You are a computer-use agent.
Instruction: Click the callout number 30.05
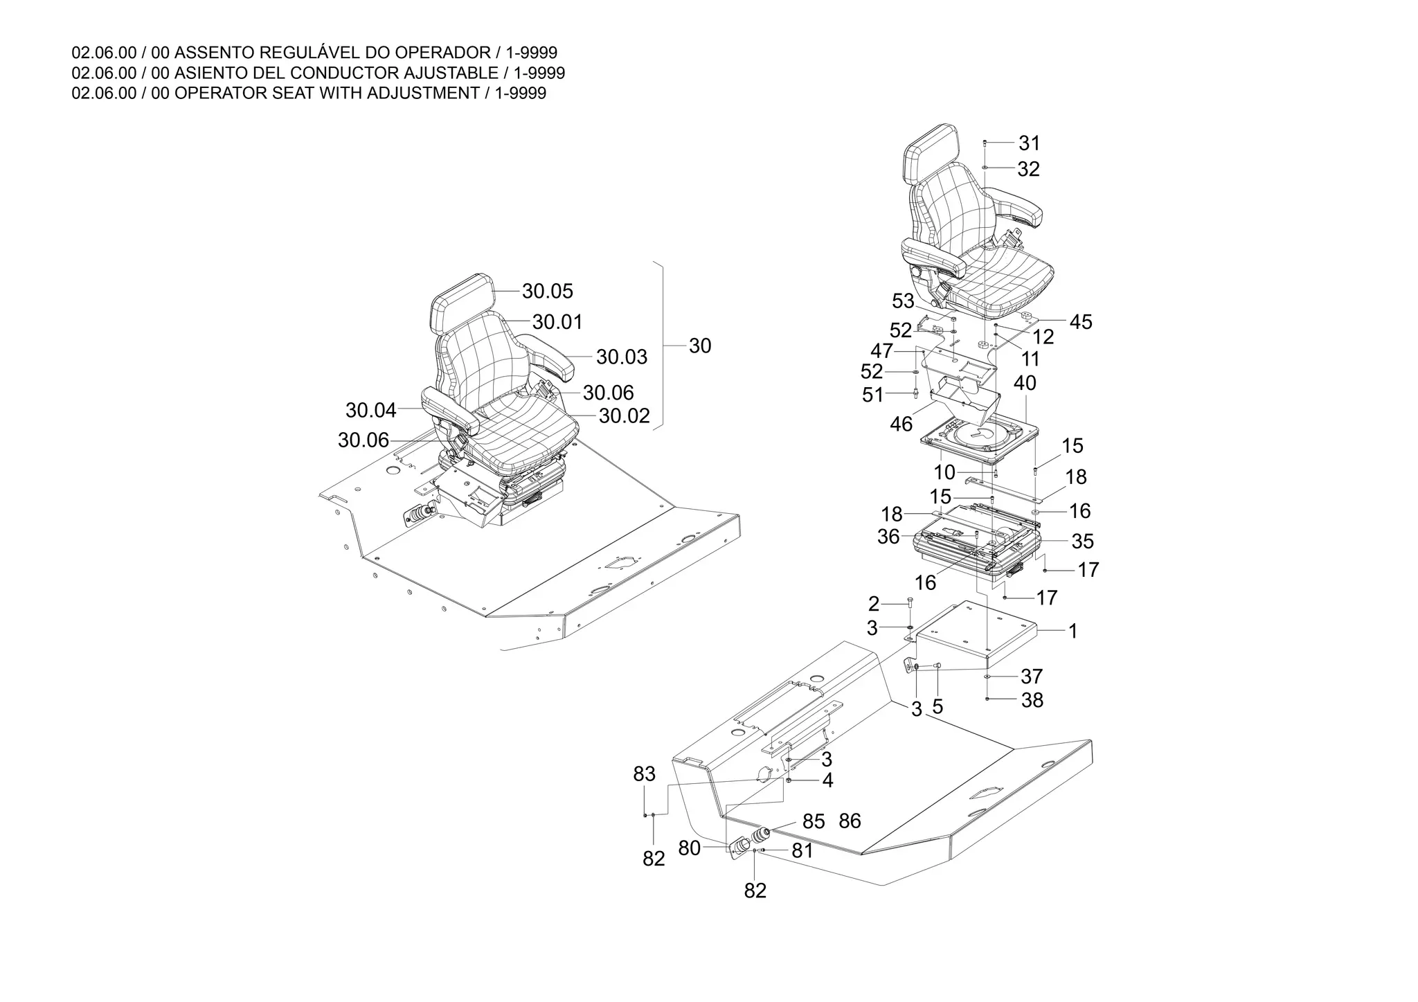[x=547, y=292]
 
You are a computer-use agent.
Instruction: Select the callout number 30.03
[x=621, y=357]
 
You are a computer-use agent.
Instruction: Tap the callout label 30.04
[x=370, y=411]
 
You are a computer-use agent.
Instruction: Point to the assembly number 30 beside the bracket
[x=700, y=346]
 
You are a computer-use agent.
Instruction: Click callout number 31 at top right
[x=1029, y=143]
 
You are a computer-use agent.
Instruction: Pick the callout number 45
[x=1080, y=322]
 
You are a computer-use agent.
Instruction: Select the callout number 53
[x=903, y=301]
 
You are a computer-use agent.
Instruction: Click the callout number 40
[x=1025, y=383]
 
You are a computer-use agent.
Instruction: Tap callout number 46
[x=901, y=424]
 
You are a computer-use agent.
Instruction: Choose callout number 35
[x=1082, y=541]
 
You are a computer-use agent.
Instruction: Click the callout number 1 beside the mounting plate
[x=1073, y=632]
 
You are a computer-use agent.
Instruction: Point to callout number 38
[x=1032, y=700]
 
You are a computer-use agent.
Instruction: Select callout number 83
[x=644, y=774]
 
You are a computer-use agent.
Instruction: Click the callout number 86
[x=850, y=821]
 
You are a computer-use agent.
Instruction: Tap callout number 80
[x=689, y=848]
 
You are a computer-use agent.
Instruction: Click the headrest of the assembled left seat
[x=462, y=302]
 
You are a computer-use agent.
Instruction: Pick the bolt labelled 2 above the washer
[x=910, y=604]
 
